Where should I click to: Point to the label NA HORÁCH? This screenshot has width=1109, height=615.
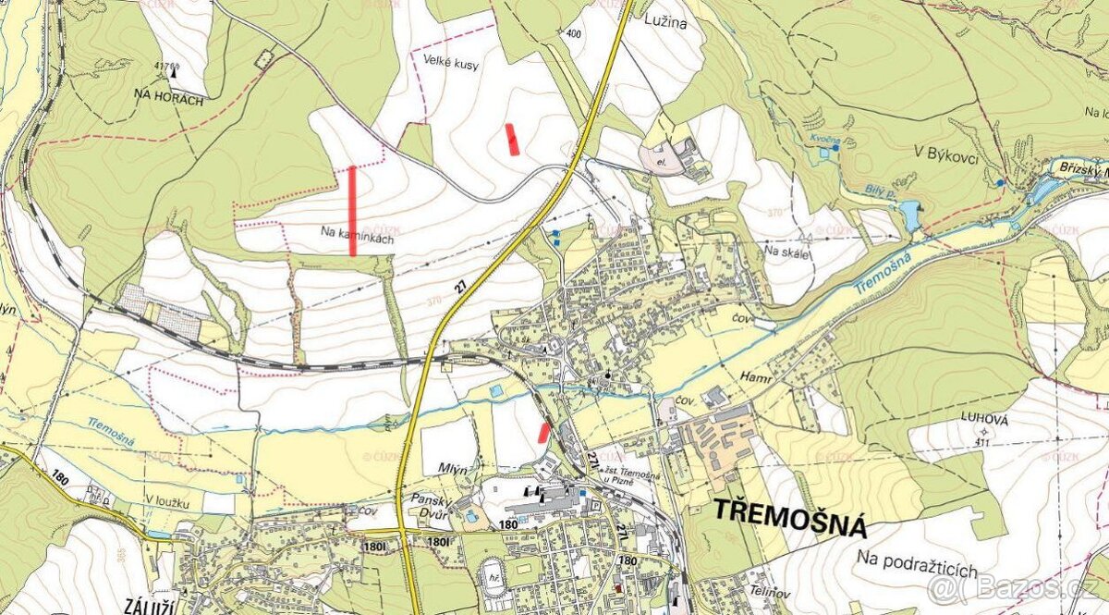[x=168, y=97]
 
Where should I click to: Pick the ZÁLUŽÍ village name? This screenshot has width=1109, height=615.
[x=149, y=606]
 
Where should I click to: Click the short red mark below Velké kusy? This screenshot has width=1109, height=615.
[x=512, y=138]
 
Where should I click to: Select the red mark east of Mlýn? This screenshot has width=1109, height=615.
[x=543, y=432]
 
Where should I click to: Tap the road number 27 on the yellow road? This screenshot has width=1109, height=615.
[x=460, y=288]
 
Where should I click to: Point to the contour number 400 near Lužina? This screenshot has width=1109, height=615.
[x=574, y=34]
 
